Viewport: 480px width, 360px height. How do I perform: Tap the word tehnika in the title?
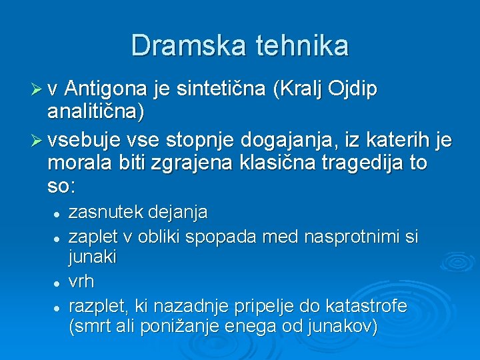click(x=300, y=46)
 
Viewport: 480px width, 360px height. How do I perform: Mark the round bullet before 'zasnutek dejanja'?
click(x=58, y=214)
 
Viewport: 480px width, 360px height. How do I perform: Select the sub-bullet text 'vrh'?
click(x=81, y=282)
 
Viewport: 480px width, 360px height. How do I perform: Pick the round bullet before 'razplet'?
click(x=58, y=307)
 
